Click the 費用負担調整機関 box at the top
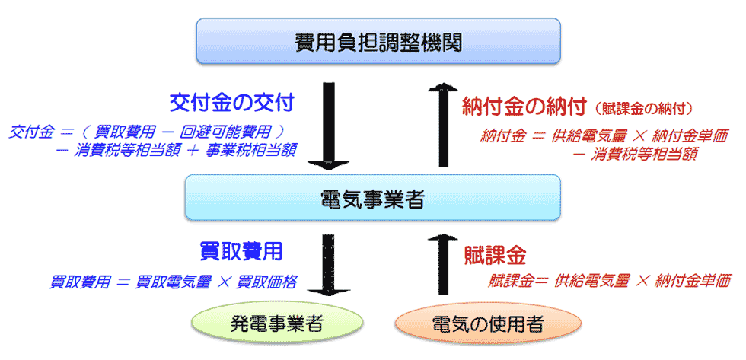[379, 41]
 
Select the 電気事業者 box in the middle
[372, 197]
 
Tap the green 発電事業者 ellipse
[277, 324]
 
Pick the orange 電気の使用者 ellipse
[488, 324]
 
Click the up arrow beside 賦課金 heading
[443, 264]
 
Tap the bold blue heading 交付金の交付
[231, 104]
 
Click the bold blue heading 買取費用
[241, 250]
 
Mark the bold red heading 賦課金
[495, 256]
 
